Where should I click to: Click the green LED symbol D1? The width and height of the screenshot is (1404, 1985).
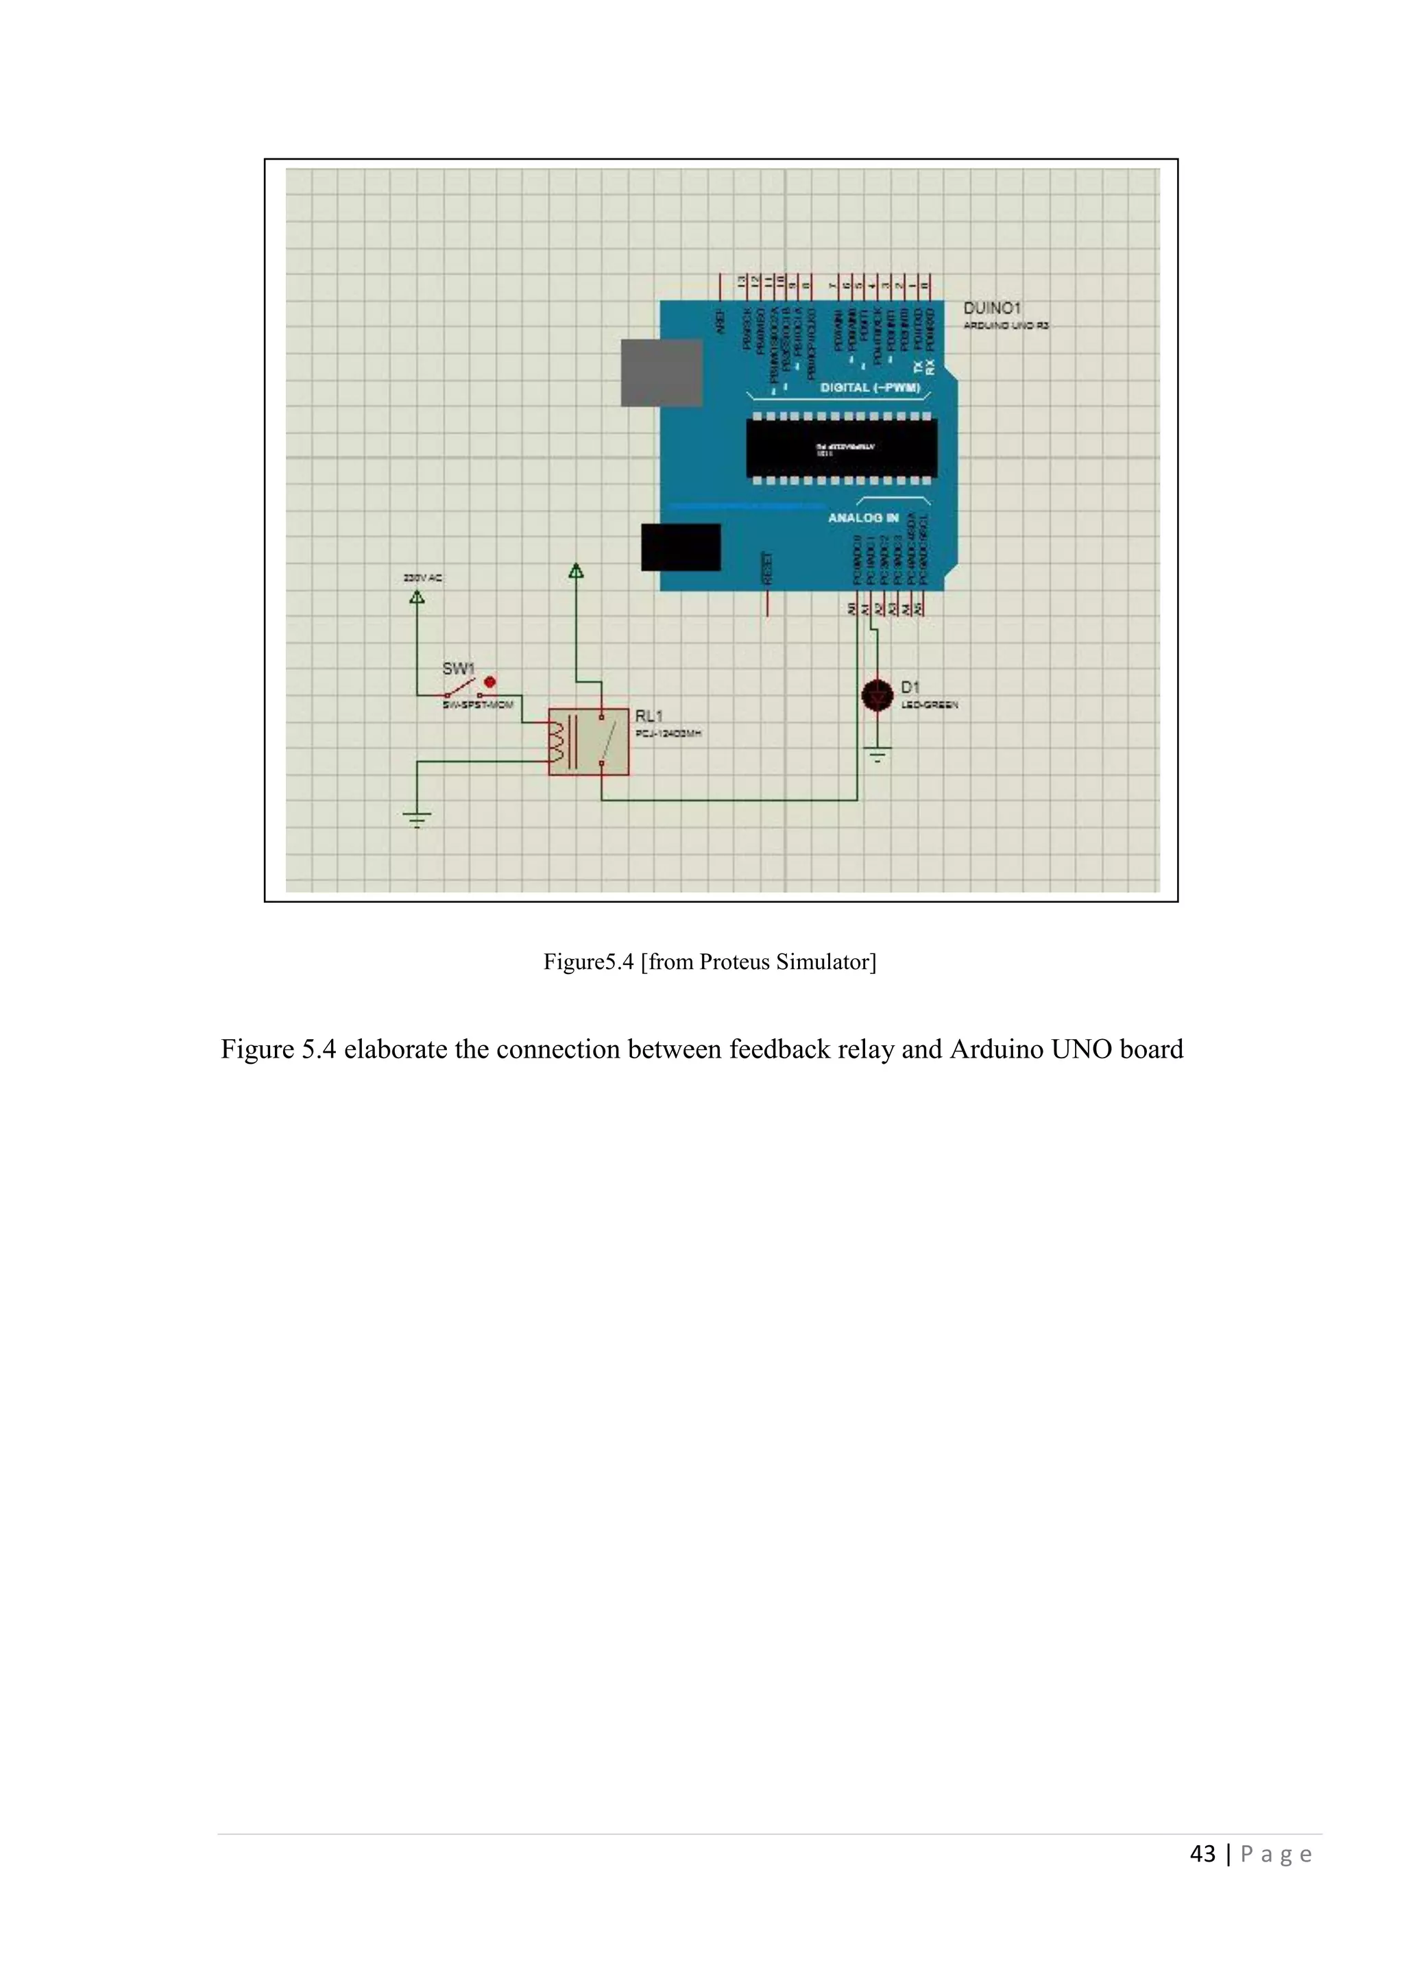pos(877,695)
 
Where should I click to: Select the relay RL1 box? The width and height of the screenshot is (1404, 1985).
pos(589,742)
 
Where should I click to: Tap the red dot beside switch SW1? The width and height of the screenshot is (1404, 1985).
pos(490,681)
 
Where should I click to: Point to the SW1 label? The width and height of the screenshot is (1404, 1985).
pos(458,668)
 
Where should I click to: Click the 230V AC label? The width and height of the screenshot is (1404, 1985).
pos(423,578)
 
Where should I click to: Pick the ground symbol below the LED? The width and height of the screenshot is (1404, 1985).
pos(877,755)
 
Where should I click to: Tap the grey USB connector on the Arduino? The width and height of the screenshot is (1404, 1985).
pos(662,373)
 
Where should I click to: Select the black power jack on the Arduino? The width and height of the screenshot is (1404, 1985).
pos(680,546)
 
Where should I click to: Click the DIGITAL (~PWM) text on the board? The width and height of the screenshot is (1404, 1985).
pos(870,387)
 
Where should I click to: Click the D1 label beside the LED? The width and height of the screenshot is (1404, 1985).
pos(910,687)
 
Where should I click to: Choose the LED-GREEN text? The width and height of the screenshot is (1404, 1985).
pos(930,705)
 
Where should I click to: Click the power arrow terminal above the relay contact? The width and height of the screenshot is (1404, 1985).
pos(576,572)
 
